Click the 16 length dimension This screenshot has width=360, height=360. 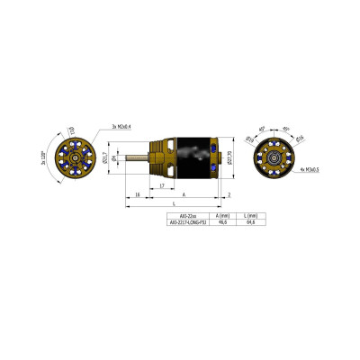[x=136, y=194]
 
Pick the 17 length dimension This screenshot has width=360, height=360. [x=160, y=186]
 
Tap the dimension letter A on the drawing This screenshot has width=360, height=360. [x=184, y=194]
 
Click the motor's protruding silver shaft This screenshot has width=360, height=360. [x=139, y=159]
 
